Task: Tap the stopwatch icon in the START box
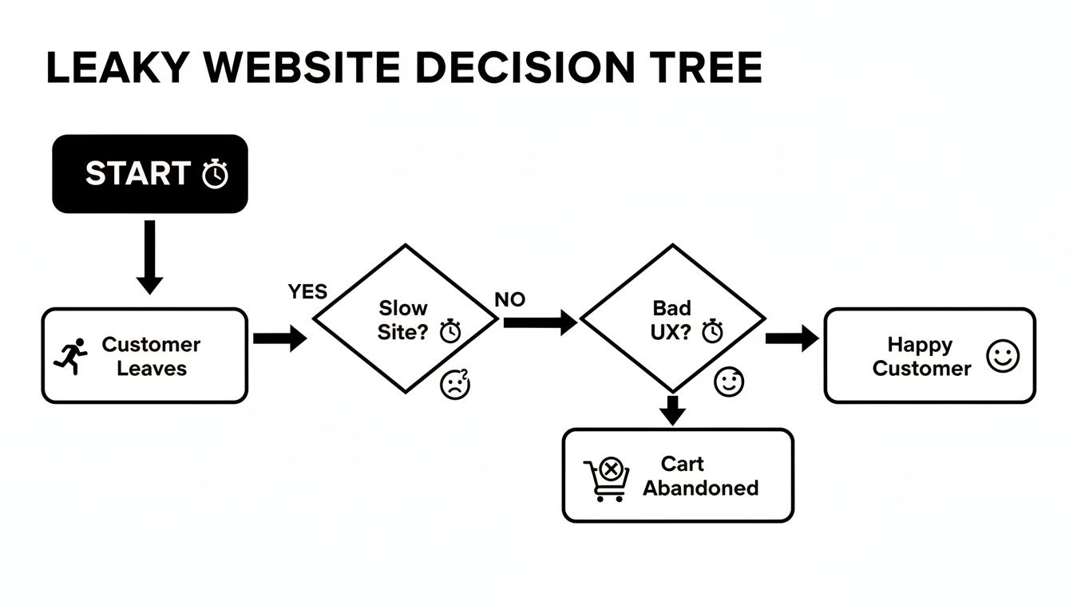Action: click(x=215, y=174)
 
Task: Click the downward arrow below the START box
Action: click(x=149, y=259)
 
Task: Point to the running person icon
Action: click(x=70, y=356)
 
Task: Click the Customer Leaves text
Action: click(x=151, y=356)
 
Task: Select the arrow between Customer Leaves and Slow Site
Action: click(x=279, y=338)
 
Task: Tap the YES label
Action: click(x=307, y=292)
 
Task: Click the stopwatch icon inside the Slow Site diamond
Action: click(x=451, y=330)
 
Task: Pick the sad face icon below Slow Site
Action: click(x=455, y=386)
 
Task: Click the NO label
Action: click(x=510, y=300)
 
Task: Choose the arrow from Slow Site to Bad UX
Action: click(x=540, y=322)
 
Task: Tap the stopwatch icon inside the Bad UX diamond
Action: click(x=711, y=330)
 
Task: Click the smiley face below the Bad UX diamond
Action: click(x=728, y=382)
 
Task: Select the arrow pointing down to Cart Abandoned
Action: click(x=674, y=409)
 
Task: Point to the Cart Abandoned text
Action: click(x=700, y=476)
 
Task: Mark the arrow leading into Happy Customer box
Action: click(x=791, y=338)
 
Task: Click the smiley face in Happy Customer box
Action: click(x=1003, y=356)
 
